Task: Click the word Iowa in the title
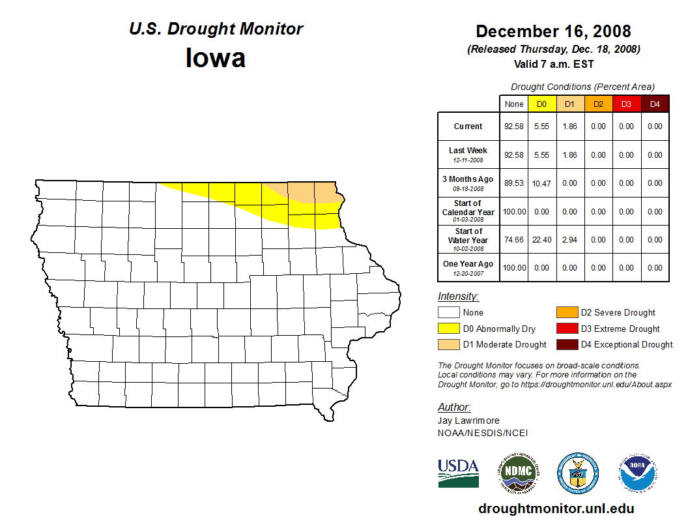pyautogui.click(x=216, y=58)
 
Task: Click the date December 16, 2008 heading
pyautogui.click(x=553, y=31)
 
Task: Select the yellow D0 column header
pyautogui.click(x=542, y=104)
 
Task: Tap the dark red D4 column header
pyautogui.click(x=655, y=104)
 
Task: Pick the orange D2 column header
pyautogui.click(x=599, y=104)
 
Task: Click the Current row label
pyautogui.click(x=468, y=126)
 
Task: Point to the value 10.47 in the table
pyautogui.click(x=542, y=184)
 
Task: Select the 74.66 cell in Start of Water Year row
pyautogui.click(x=514, y=240)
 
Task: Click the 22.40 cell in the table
pyautogui.click(x=542, y=240)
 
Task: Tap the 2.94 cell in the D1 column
pyautogui.click(x=570, y=240)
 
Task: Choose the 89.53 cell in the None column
pyautogui.click(x=514, y=184)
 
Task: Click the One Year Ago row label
pyautogui.click(x=468, y=264)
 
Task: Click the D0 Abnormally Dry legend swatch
pyautogui.click(x=448, y=329)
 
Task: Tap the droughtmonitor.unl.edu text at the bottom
pyautogui.click(x=556, y=509)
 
